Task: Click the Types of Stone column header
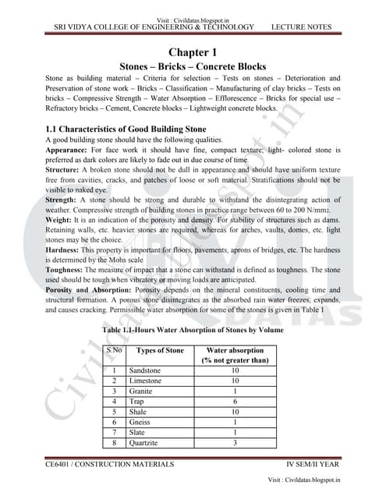(x=159, y=350)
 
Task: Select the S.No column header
(x=115, y=350)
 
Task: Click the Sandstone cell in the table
(x=145, y=370)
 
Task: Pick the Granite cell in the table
(x=142, y=390)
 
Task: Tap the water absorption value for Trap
(x=235, y=401)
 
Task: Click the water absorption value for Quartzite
(x=235, y=442)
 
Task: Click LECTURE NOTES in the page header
(x=301, y=27)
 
